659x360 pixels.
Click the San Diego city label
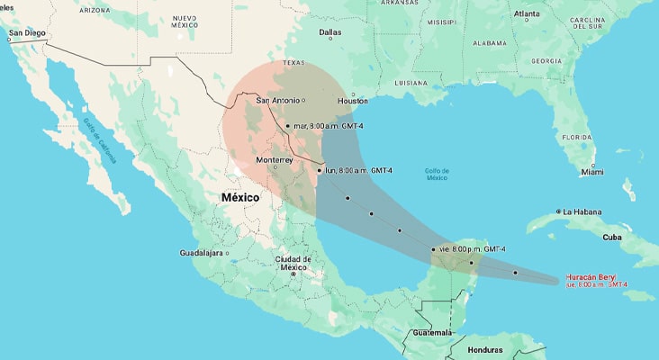pyautogui.click(x=26, y=33)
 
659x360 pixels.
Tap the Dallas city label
pyautogui.click(x=329, y=32)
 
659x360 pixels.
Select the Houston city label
pyautogui.click(x=353, y=101)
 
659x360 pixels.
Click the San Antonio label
pyautogui.click(x=279, y=100)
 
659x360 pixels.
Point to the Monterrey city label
pyautogui.click(x=275, y=159)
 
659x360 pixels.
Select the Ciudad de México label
pyautogui.click(x=293, y=263)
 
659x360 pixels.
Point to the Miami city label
pyautogui.click(x=592, y=171)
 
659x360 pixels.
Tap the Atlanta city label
pyautogui.click(x=527, y=14)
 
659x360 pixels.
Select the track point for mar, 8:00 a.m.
pyautogui.click(x=287, y=126)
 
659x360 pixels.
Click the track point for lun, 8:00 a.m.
pyautogui.click(x=320, y=169)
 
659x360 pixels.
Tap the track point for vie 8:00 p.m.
pyautogui.click(x=434, y=248)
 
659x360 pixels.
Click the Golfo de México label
pyautogui.click(x=438, y=174)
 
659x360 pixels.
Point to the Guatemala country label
pyautogui.click(x=427, y=332)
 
